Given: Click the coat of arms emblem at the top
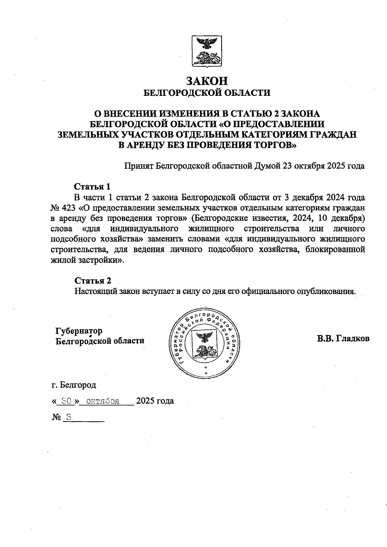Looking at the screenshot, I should [x=206, y=52].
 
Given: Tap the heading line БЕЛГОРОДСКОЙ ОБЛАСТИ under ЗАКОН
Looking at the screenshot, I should [x=207, y=93].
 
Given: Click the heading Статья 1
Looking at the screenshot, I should [x=92, y=187].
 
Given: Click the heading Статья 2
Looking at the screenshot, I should [x=93, y=280].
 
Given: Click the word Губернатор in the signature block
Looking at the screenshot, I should [x=79, y=331].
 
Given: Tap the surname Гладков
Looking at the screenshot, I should [x=353, y=339].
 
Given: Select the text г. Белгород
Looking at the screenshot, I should [x=74, y=385].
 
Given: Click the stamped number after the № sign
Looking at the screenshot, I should [x=68, y=417].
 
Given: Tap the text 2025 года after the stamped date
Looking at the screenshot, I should [x=155, y=401].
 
